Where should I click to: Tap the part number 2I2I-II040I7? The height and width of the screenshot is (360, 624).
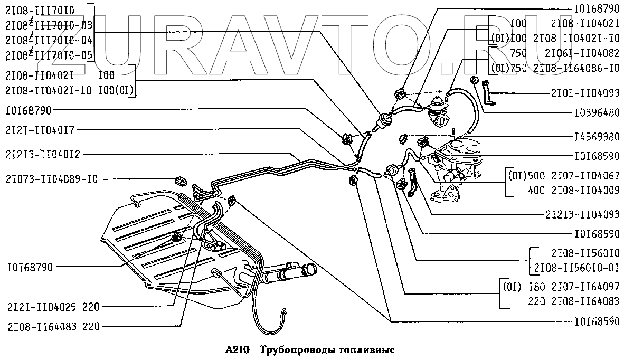point(41,130)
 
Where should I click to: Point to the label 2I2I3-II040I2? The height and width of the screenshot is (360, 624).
point(44,155)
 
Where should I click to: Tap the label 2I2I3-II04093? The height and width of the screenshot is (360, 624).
point(583,215)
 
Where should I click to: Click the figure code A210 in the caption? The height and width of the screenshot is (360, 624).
point(236,349)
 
